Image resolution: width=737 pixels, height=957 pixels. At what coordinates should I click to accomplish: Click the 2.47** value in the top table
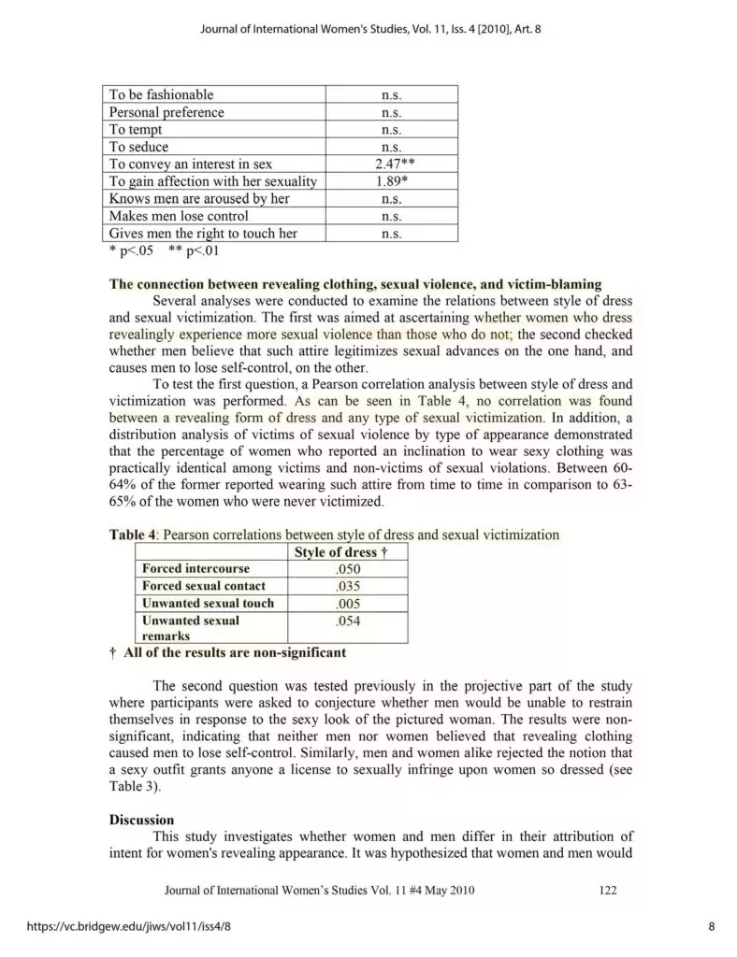point(391,164)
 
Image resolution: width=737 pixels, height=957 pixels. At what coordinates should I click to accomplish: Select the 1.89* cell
point(391,181)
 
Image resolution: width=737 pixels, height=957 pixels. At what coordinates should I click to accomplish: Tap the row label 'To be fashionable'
point(161,94)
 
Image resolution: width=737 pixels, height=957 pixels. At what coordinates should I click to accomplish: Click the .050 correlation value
point(346,569)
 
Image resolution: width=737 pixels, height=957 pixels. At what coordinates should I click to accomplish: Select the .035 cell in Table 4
point(346,586)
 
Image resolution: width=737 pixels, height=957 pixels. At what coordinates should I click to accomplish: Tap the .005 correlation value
point(346,603)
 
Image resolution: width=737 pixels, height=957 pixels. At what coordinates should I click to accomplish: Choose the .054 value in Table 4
point(346,621)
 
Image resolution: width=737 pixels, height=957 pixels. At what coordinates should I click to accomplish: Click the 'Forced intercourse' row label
point(195,569)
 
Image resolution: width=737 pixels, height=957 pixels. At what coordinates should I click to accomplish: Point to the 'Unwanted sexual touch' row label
point(208,603)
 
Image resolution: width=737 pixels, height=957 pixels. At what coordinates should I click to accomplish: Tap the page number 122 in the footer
point(607,890)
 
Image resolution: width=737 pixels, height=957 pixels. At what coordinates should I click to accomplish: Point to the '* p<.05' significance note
point(131,250)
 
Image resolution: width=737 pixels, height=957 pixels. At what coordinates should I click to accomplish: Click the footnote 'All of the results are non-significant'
point(234,651)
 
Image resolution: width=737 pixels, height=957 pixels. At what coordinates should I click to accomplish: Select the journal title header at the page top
point(370,28)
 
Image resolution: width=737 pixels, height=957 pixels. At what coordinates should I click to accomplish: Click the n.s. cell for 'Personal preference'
point(391,112)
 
